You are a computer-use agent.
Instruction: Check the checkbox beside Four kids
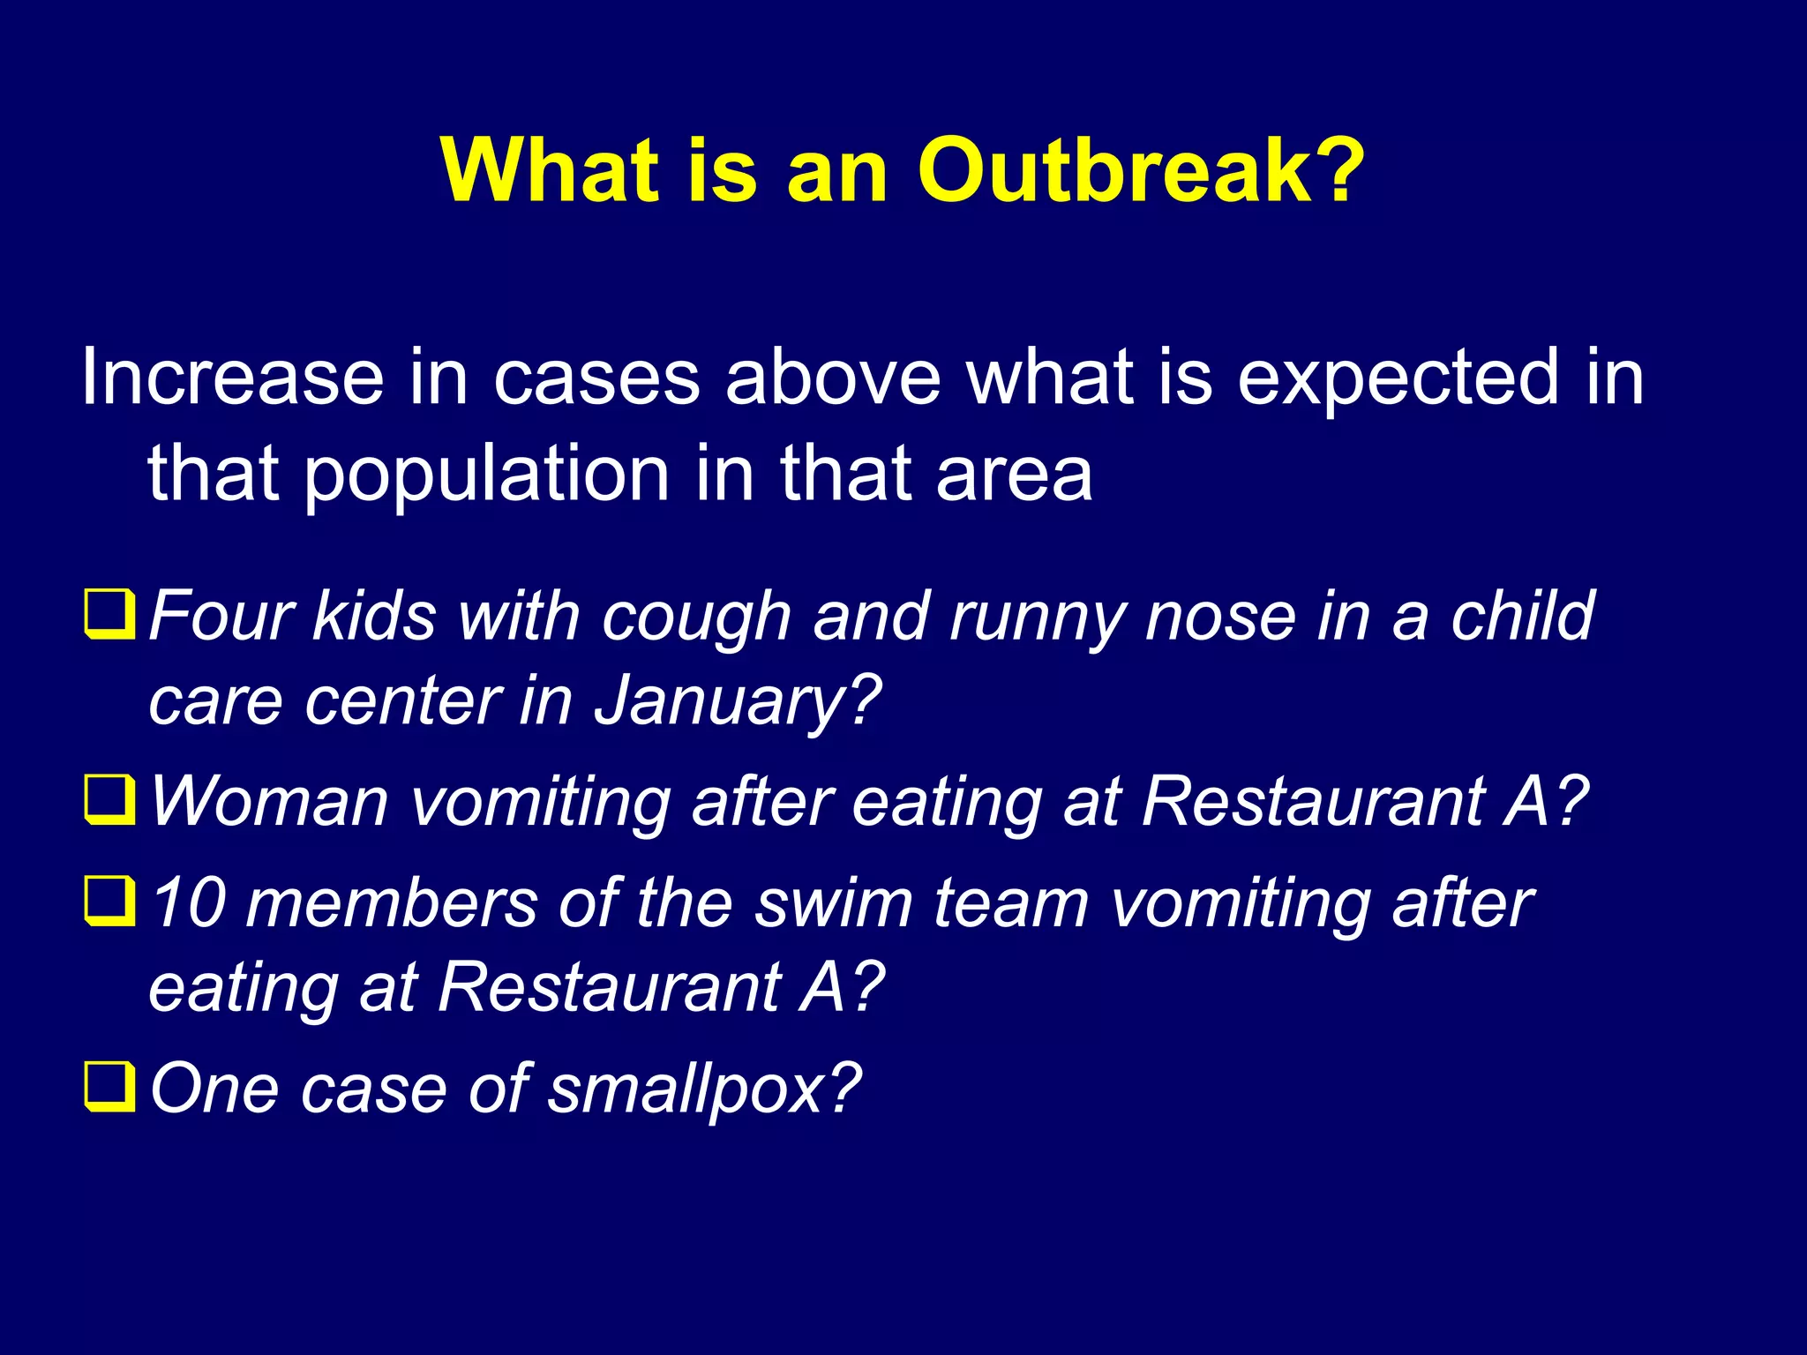pyautogui.click(x=109, y=614)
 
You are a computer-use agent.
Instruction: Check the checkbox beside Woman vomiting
pyautogui.click(x=109, y=799)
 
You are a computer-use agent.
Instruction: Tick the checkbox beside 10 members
pyautogui.click(x=109, y=902)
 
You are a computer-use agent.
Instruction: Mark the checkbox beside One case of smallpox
pyautogui.click(x=109, y=1087)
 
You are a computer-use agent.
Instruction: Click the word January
pyautogui.click(x=736, y=702)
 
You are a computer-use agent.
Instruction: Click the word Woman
pyautogui.click(x=269, y=801)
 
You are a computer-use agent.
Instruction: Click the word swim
pyautogui.click(x=833, y=903)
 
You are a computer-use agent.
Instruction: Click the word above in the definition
pyautogui.click(x=833, y=378)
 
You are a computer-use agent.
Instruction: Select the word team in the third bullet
pyautogui.click(x=1011, y=903)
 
